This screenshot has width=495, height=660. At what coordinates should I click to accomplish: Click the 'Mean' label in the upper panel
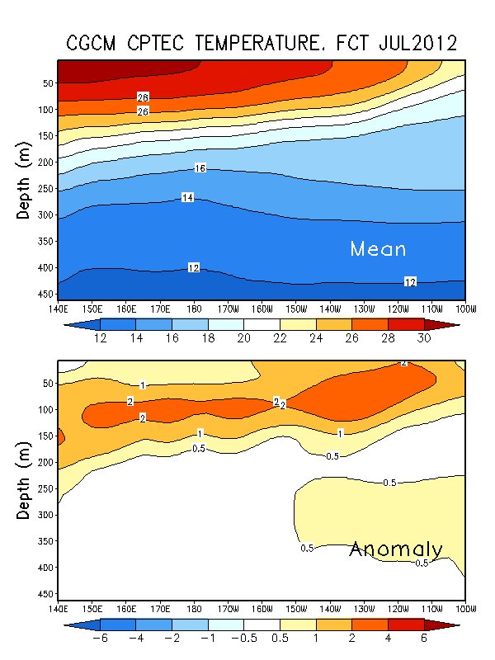pyautogui.click(x=378, y=248)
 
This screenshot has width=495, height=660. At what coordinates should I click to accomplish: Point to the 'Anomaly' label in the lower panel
pyautogui.click(x=396, y=549)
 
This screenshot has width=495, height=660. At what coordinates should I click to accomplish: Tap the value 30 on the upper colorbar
pyautogui.click(x=424, y=339)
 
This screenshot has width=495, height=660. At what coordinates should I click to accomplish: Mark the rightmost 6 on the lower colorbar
pyautogui.click(x=424, y=639)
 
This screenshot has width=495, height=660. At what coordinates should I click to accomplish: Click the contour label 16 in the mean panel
pyautogui.click(x=200, y=168)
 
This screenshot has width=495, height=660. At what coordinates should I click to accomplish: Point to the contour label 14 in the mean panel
pyautogui.click(x=188, y=197)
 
